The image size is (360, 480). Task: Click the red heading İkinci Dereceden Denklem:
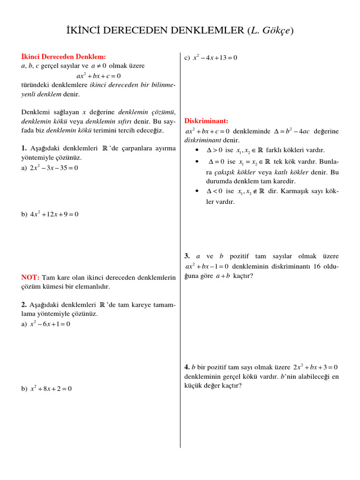coord(64,57)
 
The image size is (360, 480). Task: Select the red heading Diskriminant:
coord(206,121)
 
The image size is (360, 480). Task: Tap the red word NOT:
coord(30,277)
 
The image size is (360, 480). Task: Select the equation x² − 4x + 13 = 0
coord(215,58)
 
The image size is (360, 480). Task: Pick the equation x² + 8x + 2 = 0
coord(51,389)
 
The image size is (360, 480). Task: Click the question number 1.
coord(24,148)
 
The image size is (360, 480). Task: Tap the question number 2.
coord(24,305)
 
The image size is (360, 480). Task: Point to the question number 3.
coord(187,256)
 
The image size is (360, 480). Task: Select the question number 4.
coord(187,367)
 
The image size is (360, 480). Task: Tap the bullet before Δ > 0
coord(197,150)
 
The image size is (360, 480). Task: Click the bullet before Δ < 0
coord(197,191)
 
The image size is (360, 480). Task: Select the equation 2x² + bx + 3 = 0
coord(315,367)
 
